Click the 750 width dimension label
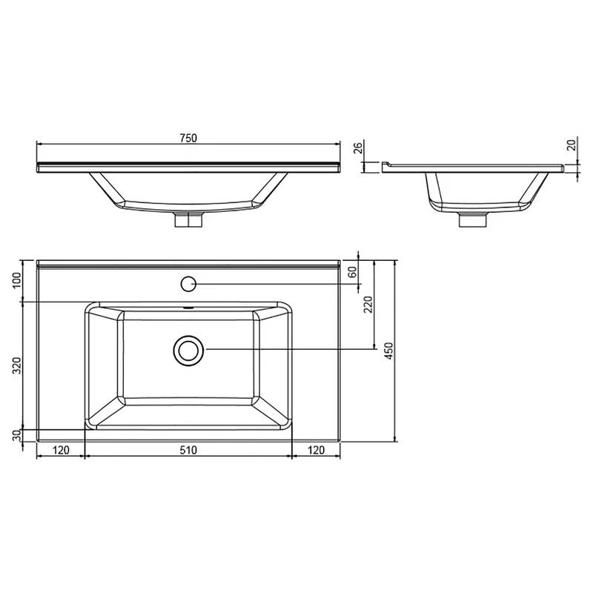[x=188, y=137]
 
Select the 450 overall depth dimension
[x=388, y=350]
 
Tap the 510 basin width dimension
[x=188, y=449]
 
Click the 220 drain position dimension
[x=369, y=304]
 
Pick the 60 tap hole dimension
[x=353, y=272]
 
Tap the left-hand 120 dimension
[x=61, y=449]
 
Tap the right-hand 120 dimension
[x=316, y=449]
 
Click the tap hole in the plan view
[x=188, y=282]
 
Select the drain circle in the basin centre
[x=188, y=350]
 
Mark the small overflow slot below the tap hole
[x=188, y=307]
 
